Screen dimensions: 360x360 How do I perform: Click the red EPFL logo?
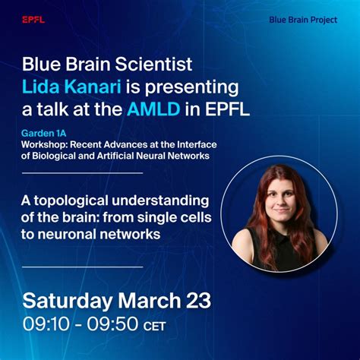[x=33, y=20]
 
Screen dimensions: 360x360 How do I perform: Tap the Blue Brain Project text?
[x=303, y=19]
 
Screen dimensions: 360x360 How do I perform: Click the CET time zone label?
[x=154, y=327]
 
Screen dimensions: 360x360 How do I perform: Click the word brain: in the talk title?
[x=97, y=218]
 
